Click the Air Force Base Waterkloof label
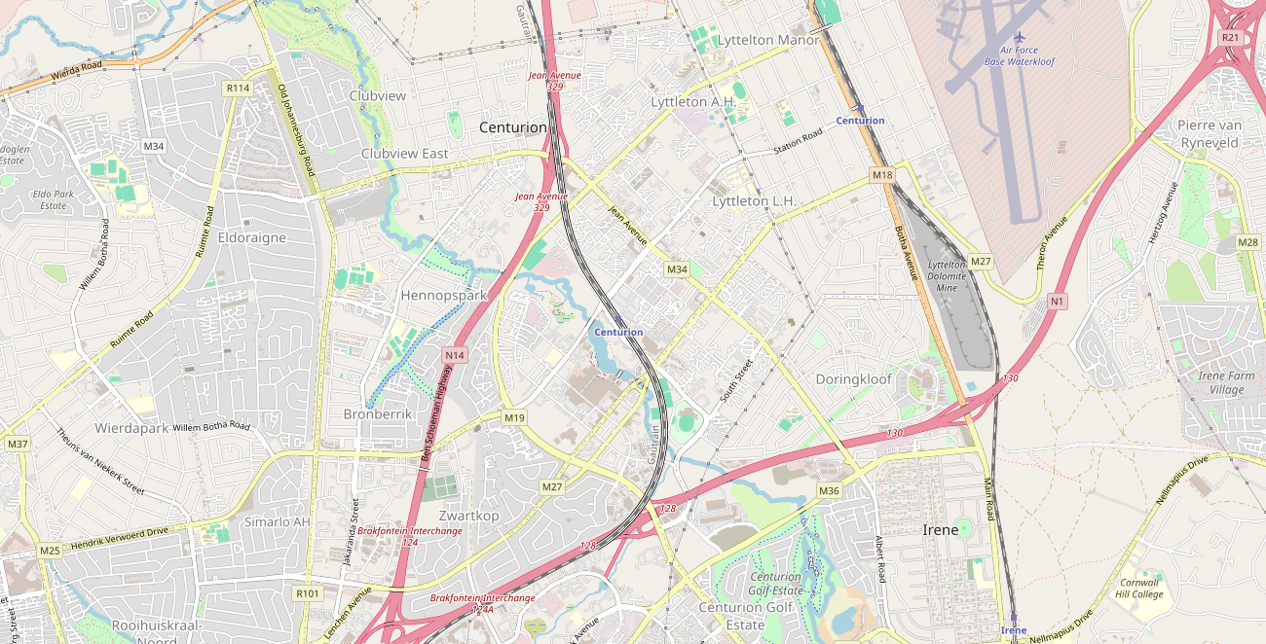[x=1019, y=55]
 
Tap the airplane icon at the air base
[x=1020, y=37]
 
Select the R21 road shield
[x=1230, y=37]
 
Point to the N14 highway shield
[x=454, y=356]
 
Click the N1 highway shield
[x=1057, y=302]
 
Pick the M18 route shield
[x=881, y=175]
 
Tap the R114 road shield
[x=238, y=89]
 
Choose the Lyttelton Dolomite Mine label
[x=946, y=276]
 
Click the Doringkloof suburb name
[x=853, y=379]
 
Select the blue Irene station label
[x=1013, y=630]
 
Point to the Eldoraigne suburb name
[x=252, y=237]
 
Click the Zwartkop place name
[x=468, y=516]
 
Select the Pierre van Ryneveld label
[x=1208, y=134]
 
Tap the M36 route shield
[x=829, y=491]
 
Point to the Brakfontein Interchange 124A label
[x=482, y=603]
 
